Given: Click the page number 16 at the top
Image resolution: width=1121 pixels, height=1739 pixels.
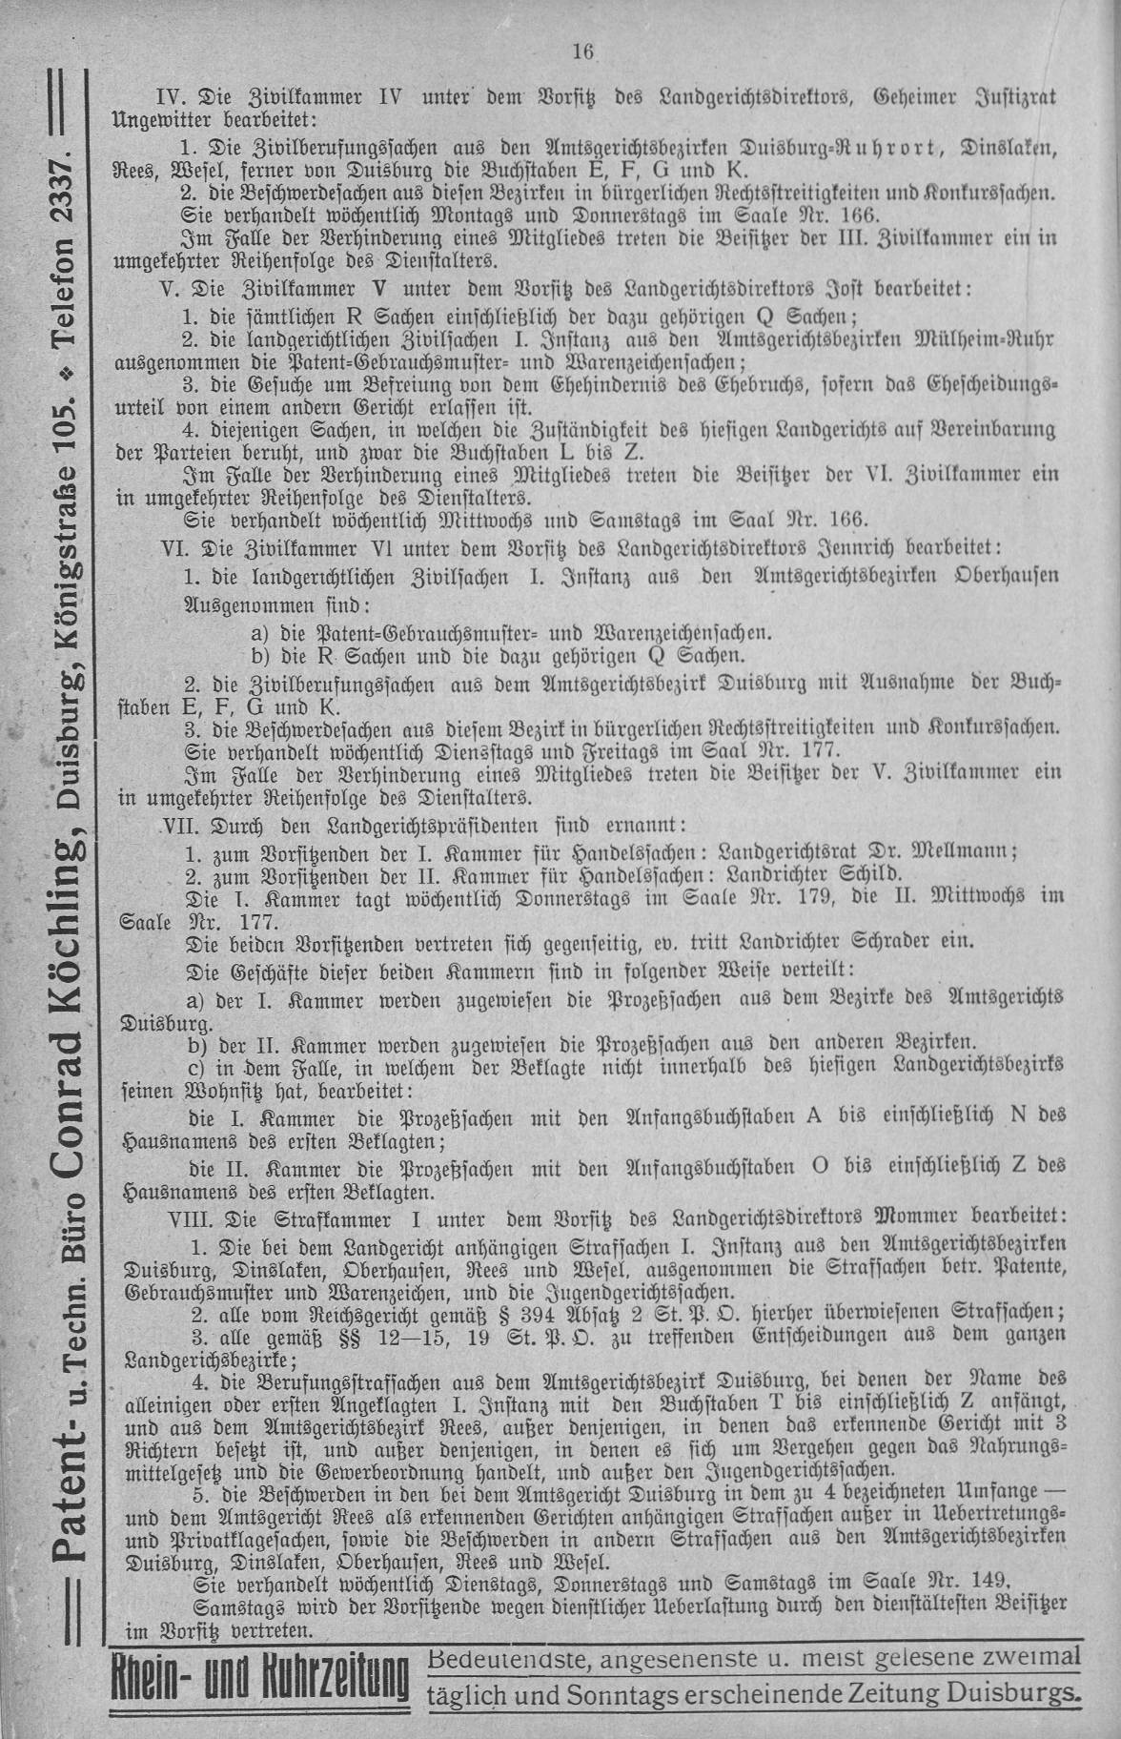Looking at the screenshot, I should [x=583, y=53].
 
